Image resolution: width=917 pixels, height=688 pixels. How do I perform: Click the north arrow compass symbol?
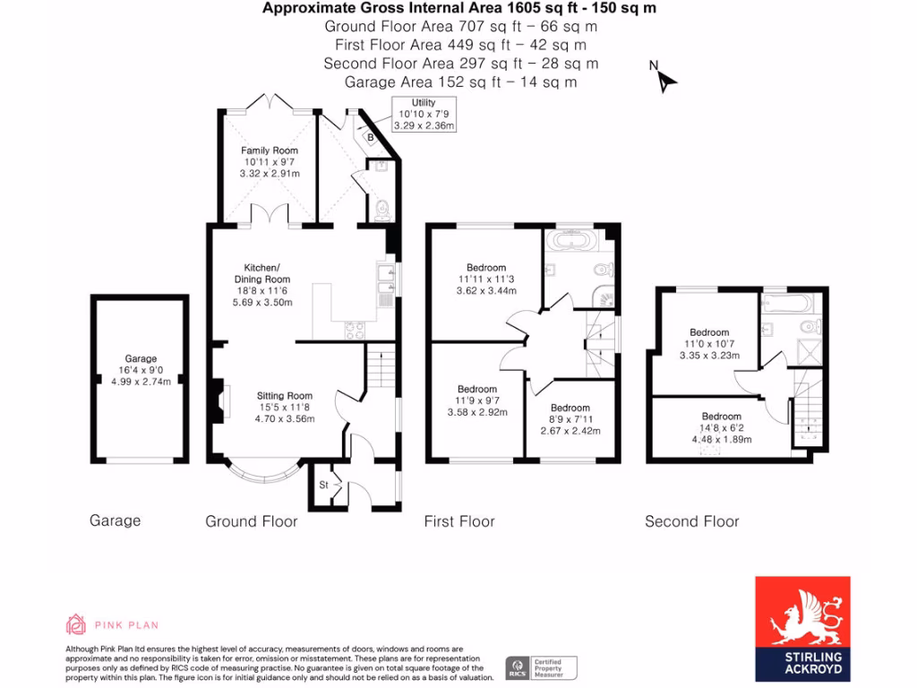coord(665,82)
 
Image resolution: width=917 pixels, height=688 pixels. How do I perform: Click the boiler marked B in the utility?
coord(371,137)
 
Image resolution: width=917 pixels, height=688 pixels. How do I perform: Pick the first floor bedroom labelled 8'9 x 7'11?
coord(570,419)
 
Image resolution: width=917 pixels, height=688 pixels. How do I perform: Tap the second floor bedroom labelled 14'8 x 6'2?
coord(721,428)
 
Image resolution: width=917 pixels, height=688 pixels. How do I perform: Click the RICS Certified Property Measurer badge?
coord(541,666)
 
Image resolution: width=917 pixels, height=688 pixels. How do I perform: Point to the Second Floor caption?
coord(691,521)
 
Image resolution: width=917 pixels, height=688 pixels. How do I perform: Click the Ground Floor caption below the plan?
coord(252,521)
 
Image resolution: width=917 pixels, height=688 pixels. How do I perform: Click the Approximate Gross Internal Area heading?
coord(458,9)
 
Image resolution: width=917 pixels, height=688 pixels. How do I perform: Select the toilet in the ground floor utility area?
coord(382,210)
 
